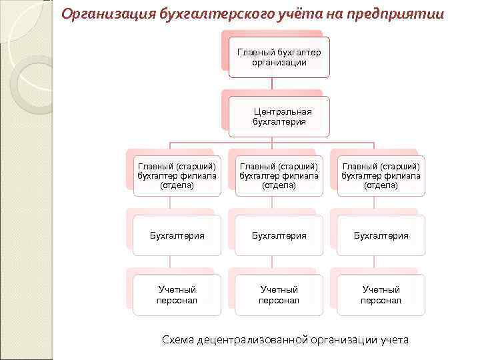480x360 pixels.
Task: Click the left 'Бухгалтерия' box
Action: [x=177, y=235]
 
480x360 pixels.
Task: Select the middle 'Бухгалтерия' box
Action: [x=279, y=235]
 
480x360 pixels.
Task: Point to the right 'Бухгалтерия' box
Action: [x=381, y=235]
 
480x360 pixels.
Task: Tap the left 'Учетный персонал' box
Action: [x=177, y=295]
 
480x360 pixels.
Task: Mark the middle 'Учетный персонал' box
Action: [x=279, y=295]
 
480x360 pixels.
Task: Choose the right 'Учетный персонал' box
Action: [x=381, y=295]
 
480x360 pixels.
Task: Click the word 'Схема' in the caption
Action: [x=179, y=340]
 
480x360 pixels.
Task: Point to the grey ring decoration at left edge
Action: [x=27, y=83]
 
